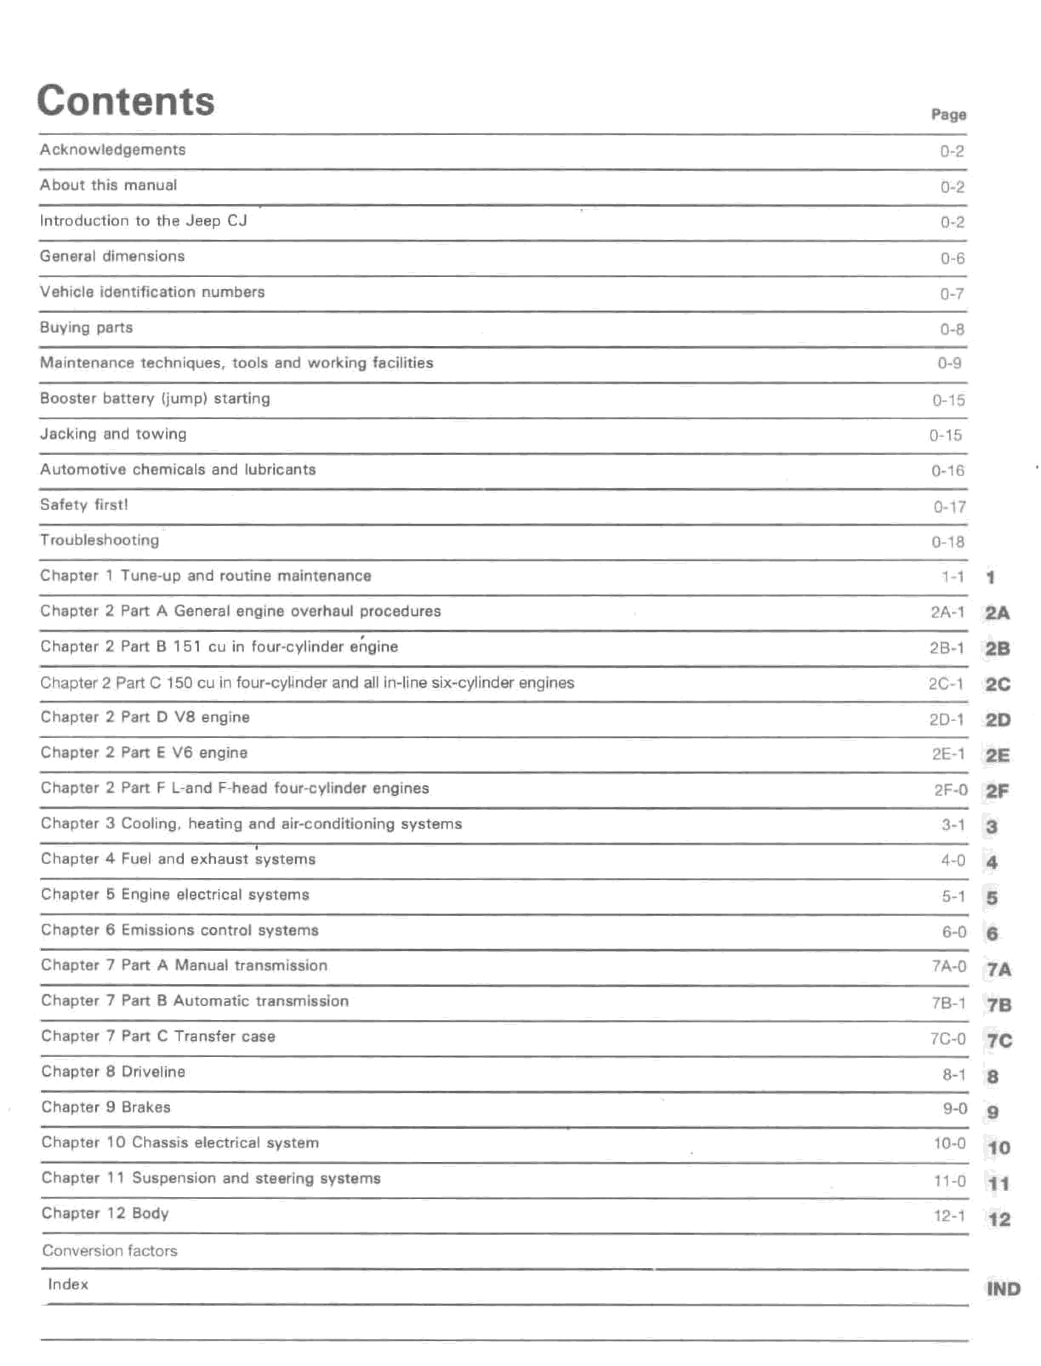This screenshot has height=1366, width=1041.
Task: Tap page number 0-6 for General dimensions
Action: [x=953, y=258]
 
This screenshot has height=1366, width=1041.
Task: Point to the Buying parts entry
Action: [x=86, y=327]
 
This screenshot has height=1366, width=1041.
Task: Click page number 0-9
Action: [x=949, y=364]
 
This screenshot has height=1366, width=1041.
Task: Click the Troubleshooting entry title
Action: [x=100, y=541]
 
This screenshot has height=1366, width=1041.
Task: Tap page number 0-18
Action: [x=948, y=542]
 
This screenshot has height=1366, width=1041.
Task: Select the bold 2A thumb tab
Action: [x=997, y=613]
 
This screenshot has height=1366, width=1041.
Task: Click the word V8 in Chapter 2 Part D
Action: [x=185, y=718]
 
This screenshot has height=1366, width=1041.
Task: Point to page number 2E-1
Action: [x=948, y=754]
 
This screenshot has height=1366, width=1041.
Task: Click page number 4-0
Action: [x=953, y=860]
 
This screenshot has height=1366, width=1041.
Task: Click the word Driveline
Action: [x=153, y=1072]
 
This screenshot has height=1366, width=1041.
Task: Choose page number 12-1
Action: [x=949, y=1216]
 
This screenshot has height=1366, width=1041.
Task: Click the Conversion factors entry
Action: [x=110, y=1251]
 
